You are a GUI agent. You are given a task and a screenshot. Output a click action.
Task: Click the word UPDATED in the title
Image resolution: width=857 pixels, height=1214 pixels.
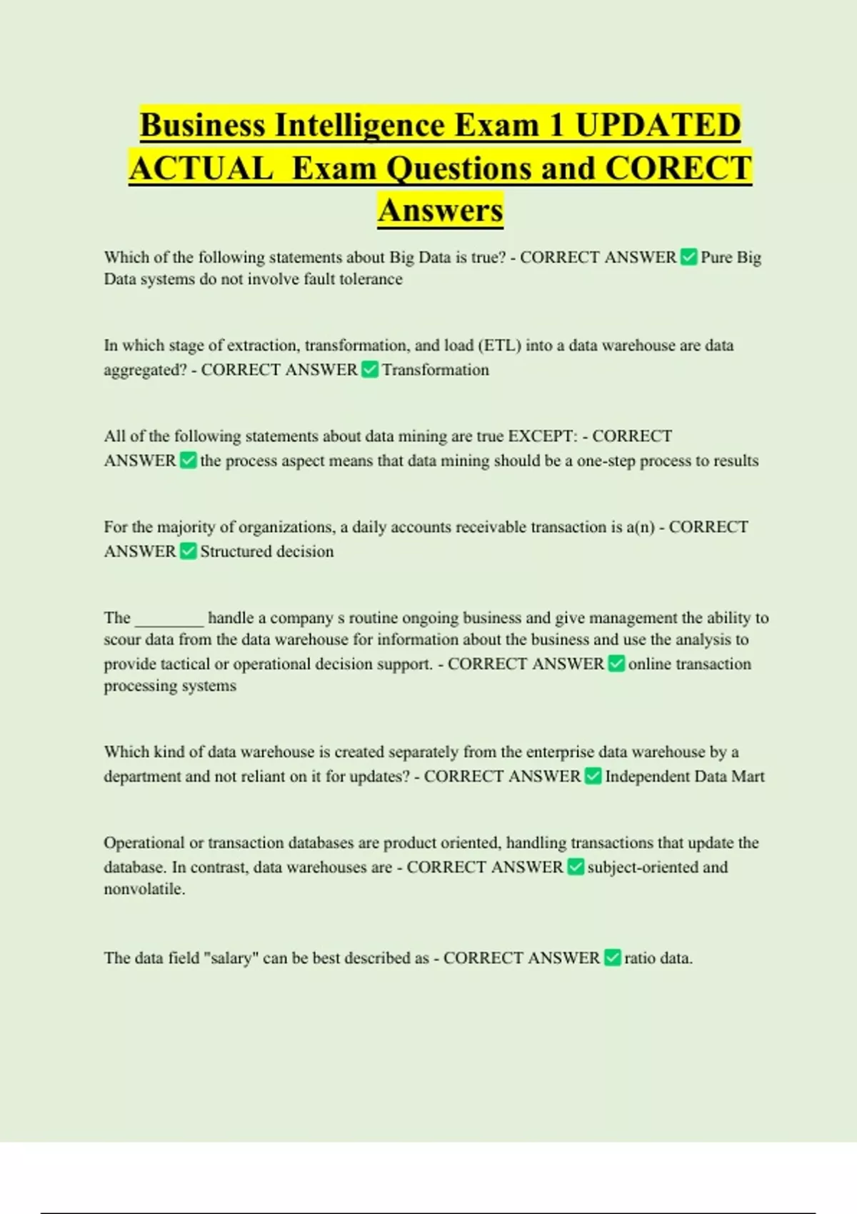[658, 126]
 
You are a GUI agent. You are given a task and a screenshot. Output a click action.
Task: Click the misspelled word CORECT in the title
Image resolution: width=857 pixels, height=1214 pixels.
[678, 169]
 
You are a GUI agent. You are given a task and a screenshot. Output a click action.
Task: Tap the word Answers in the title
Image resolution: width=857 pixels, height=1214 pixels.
[441, 211]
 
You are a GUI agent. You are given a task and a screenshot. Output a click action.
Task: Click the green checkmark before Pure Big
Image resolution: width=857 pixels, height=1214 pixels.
[688, 257]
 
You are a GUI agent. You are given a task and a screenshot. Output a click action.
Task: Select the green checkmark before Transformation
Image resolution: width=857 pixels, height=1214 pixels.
[370, 370]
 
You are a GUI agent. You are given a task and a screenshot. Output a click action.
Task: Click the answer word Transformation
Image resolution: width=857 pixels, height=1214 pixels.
[436, 370]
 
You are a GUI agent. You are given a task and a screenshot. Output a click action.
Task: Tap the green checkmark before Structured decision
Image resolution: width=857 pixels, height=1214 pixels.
[188, 551]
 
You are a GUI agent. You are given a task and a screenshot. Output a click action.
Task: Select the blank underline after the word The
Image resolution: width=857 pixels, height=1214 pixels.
[169, 619]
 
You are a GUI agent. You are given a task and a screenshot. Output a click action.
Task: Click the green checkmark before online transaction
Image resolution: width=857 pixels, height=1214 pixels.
[616, 664]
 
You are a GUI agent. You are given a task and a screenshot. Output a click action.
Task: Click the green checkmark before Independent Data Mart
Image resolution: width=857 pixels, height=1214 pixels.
[593, 776]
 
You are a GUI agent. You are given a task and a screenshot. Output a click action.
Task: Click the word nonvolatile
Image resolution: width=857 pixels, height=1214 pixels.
[144, 889]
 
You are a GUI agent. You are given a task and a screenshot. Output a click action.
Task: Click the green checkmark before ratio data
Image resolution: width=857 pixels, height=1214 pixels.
[612, 958]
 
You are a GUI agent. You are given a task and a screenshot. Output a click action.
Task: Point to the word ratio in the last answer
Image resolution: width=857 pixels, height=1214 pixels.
[639, 958]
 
